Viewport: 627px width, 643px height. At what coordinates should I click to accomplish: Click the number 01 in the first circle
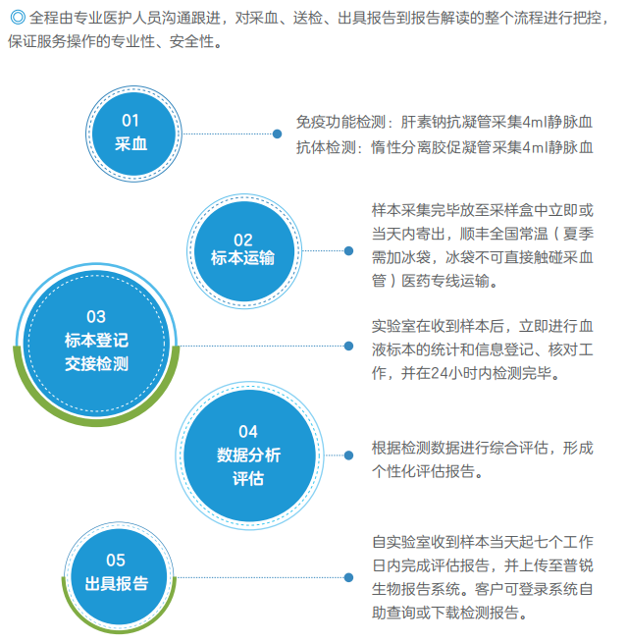pyautogui.click(x=131, y=121)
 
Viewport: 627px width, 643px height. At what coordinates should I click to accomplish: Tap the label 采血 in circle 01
pyautogui.click(x=131, y=144)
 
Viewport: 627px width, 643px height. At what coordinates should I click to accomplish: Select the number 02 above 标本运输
pyautogui.click(x=243, y=240)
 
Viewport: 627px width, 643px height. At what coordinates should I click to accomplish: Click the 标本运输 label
pyautogui.click(x=242, y=258)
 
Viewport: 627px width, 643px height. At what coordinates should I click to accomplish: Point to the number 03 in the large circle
pyautogui.click(x=96, y=316)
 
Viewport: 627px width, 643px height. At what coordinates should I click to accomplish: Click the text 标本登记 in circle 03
pyautogui.click(x=96, y=341)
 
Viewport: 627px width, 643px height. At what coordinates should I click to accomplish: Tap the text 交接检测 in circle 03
pyautogui.click(x=96, y=364)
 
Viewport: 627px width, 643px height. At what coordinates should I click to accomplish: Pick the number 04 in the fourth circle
pyautogui.click(x=248, y=431)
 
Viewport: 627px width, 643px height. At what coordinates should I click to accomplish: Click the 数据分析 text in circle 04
pyautogui.click(x=248, y=455)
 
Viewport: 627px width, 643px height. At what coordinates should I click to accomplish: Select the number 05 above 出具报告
pyautogui.click(x=116, y=561)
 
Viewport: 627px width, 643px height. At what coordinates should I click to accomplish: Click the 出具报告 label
pyautogui.click(x=117, y=583)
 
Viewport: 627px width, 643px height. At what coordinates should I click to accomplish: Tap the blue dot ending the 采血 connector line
pyautogui.click(x=277, y=134)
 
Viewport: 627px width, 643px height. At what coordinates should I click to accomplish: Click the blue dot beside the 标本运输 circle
pyautogui.click(x=348, y=251)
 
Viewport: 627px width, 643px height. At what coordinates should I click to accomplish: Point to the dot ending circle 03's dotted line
pyautogui.click(x=348, y=347)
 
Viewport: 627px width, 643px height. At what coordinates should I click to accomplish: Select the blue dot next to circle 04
pyautogui.click(x=348, y=455)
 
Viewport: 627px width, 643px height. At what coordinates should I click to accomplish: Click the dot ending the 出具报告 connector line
pyautogui.click(x=348, y=577)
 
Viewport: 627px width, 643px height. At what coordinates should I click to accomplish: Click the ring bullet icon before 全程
pyautogui.click(x=18, y=18)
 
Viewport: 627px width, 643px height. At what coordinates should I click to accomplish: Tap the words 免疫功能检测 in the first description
pyautogui.click(x=340, y=122)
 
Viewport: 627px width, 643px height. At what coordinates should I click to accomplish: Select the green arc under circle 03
pyautogui.click(x=96, y=422)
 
